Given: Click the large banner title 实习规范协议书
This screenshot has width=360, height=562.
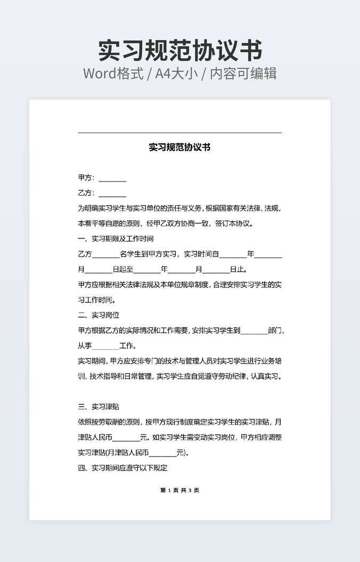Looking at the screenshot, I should click(180, 50).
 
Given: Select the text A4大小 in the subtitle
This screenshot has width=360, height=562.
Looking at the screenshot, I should click(177, 73).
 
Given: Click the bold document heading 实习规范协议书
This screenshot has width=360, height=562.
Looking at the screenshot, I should click(179, 147).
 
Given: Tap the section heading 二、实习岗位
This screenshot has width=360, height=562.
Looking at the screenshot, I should click(99, 315).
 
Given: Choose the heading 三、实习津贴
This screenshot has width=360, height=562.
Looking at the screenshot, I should click(99, 407).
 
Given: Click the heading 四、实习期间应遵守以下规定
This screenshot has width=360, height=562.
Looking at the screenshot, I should click(122, 468).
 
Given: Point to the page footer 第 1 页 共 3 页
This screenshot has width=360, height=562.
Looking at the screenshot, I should click(179, 490).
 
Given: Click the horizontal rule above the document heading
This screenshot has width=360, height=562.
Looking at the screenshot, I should click(179, 133).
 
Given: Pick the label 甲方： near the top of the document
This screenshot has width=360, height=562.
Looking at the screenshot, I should click(86, 178).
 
